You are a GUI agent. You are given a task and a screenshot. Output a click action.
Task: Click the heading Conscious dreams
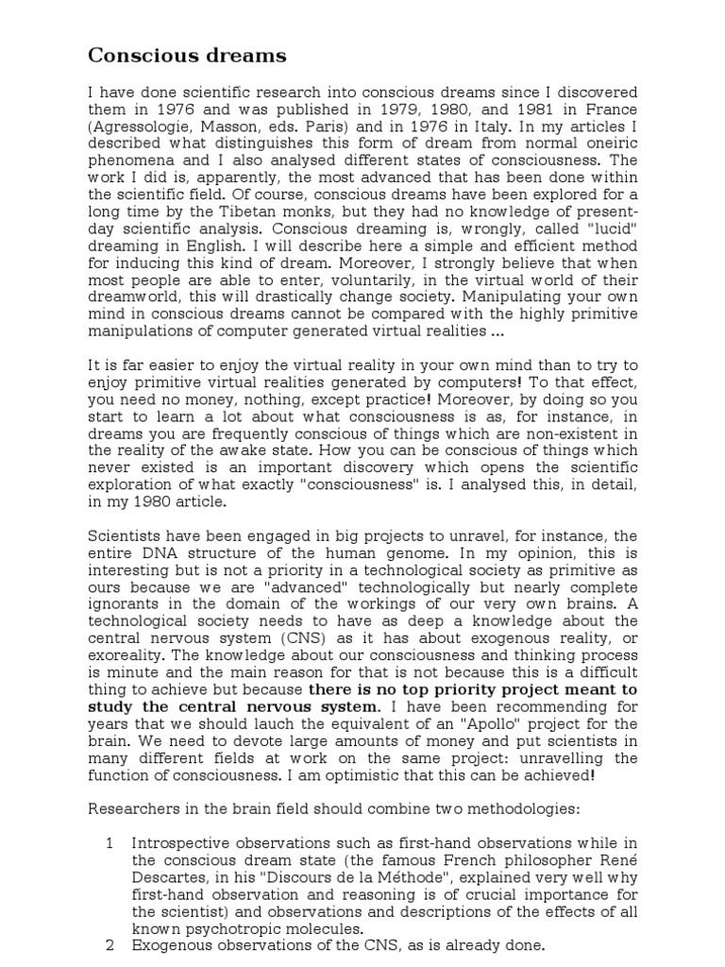[x=187, y=56]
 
